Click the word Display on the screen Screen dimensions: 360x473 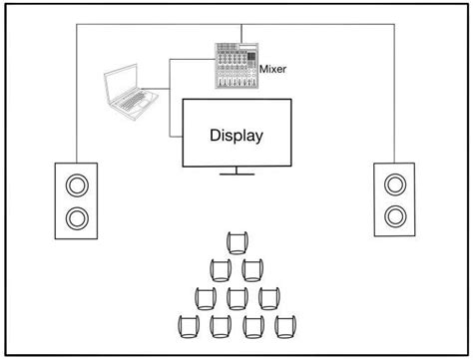(x=236, y=135)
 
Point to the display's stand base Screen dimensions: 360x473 (x=236, y=175)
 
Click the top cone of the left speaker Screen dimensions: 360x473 (x=76, y=183)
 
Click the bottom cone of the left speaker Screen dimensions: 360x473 (x=76, y=216)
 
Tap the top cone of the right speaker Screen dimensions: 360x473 (x=396, y=183)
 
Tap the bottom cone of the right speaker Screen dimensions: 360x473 (x=396, y=215)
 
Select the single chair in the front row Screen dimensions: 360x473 (x=236, y=242)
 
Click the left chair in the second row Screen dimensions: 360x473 (x=221, y=269)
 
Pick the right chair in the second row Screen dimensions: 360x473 (x=251, y=269)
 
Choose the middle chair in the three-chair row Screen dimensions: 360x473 (x=236, y=298)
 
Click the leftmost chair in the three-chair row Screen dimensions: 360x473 (x=206, y=298)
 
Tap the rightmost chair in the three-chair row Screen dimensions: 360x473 (x=267, y=298)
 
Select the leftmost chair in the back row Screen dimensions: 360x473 (x=189, y=326)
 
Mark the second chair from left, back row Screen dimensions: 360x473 (x=221, y=326)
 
